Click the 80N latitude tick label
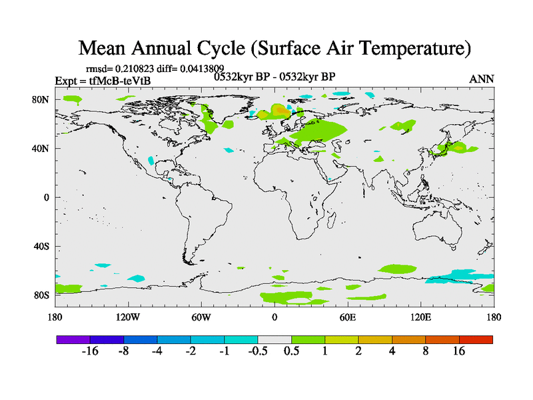(x=42, y=99)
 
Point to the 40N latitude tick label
(x=42, y=149)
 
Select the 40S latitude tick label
(x=42, y=247)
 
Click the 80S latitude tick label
(x=42, y=295)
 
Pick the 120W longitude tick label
(x=128, y=317)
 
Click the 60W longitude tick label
(x=201, y=317)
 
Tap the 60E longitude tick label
(x=348, y=317)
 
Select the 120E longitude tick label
(x=421, y=317)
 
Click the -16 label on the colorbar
(x=90, y=351)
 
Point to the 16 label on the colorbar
(x=459, y=351)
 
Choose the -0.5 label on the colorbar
(x=257, y=351)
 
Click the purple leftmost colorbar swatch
(x=73, y=339)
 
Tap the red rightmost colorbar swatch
(x=476, y=339)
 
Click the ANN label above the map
(x=482, y=79)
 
